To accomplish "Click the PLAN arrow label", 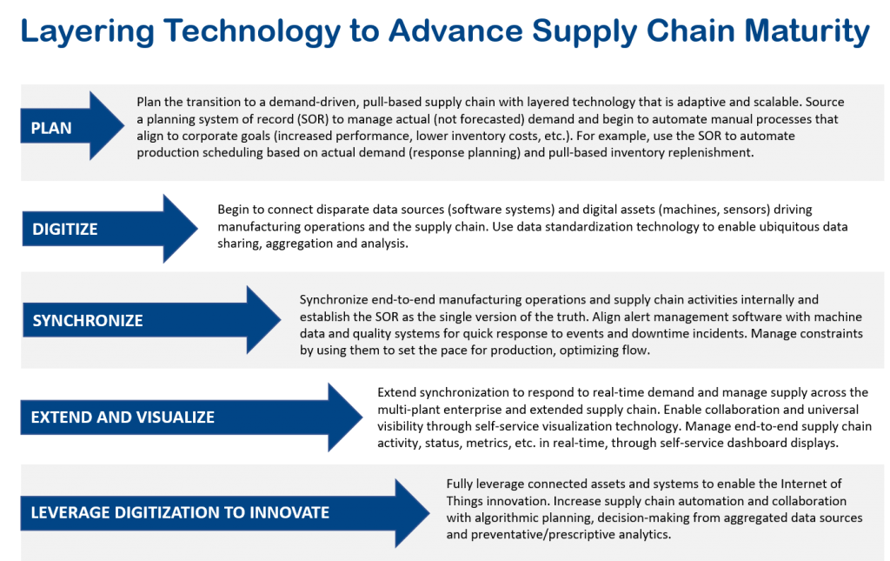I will (51, 128).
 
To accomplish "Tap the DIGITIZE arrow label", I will (65, 230).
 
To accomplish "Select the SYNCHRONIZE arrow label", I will (88, 321).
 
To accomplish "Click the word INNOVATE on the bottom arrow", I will (288, 512).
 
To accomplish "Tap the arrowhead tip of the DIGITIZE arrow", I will (198, 229).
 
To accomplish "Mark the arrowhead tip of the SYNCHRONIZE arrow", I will (281, 320).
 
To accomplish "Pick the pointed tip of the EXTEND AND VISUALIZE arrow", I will (362, 417).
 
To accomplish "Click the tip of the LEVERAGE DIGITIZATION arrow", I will (429, 513).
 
